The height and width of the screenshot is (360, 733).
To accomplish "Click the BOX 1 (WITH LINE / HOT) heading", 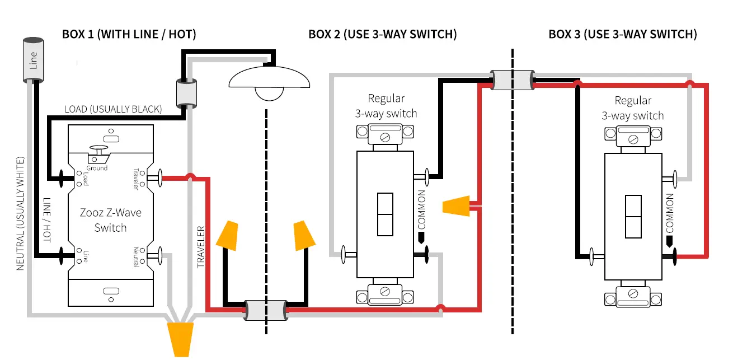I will click(129, 34).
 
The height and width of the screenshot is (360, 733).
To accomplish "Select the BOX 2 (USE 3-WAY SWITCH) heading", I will click(383, 34).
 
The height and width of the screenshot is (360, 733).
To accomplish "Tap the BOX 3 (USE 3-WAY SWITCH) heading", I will click(623, 34).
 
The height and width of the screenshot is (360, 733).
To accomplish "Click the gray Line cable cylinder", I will click(33, 59).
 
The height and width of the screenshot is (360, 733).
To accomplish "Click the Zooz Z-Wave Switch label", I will click(110, 220).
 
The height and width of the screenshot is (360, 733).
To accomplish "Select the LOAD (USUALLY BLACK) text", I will click(113, 109).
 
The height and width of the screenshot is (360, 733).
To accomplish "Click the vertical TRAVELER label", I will click(201, 246).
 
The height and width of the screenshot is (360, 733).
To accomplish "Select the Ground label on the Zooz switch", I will click(97, 168).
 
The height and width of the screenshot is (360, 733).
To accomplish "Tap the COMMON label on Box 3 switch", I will click(669, 213).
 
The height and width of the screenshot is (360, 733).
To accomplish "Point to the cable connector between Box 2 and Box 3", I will click(512, 80).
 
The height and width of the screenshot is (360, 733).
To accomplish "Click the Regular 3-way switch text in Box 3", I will click(632, 108).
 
